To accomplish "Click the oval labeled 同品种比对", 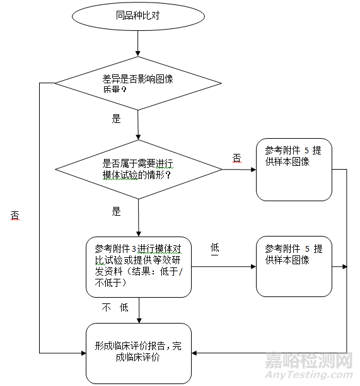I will click(137, 17).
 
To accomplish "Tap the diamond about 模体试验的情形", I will click(137, 169).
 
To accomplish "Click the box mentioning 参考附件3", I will click(139, 266).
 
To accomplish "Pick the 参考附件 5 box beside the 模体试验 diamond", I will click(294, 169).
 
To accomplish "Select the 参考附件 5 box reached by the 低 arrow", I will click(294, 266).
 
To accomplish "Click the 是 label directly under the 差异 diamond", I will click(116, 119).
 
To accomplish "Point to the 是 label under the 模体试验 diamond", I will click(116, 212).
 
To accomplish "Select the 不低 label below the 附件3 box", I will click(115, 308).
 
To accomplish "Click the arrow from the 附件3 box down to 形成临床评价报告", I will click(138, 309).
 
